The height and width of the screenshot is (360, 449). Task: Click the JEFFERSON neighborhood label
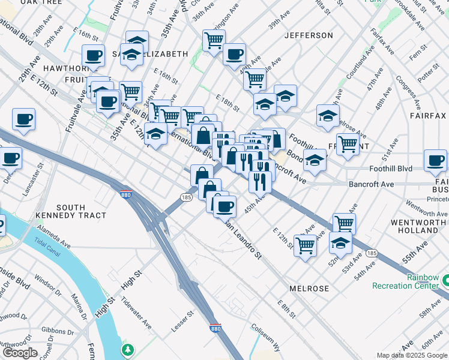point(308,35)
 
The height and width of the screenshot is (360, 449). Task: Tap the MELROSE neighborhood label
point(309,289)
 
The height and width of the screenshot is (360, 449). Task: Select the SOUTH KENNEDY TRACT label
point(71,211)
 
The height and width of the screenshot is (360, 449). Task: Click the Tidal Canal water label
point(47,248)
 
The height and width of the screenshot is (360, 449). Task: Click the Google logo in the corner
point(20,353)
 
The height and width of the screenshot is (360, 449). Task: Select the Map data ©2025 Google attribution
point(412,355)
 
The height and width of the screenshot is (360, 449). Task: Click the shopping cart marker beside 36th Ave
point(214,41)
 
